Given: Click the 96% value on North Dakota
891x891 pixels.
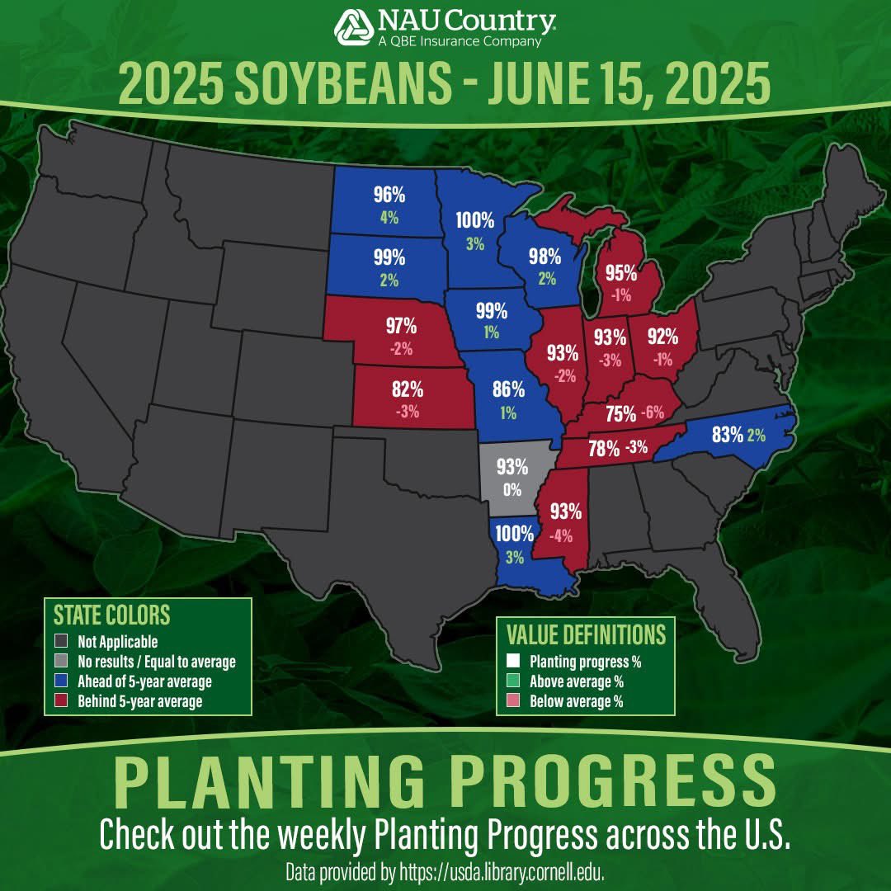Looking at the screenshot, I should pyautogui.click(x=389, y=195).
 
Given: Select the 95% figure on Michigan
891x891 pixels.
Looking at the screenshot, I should pyautogui.click(x=620, y=273).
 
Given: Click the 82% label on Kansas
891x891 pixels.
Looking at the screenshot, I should pyautogui.click(x=408, y=388).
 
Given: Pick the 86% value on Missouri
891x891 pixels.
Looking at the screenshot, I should pyautogui.click(x=508, y=389).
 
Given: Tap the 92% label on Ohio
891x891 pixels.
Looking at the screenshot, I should pyautogui.click(x=662, y=336).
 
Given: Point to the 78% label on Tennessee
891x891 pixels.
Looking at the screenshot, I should pyautogui.click(x=604, y=449).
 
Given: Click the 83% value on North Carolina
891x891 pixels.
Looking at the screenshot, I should pyautogui.click(x=728, y=434).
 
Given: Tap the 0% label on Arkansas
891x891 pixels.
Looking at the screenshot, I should pyautogui.click(x=512, y=489).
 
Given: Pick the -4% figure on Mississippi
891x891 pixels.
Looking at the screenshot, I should pyautogui.click(x=561, y=535).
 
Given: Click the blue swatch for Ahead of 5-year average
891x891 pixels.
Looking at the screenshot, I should pyautogui.click(x=59, y=682).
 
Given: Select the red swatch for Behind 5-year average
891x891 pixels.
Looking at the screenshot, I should pyautogui.click(x=59, y=701).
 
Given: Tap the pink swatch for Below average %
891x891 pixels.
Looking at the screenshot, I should pyautogui.click(x=514, y=701).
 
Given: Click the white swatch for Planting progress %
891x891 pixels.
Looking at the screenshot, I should pyautogui.click(x=514, y=661).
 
